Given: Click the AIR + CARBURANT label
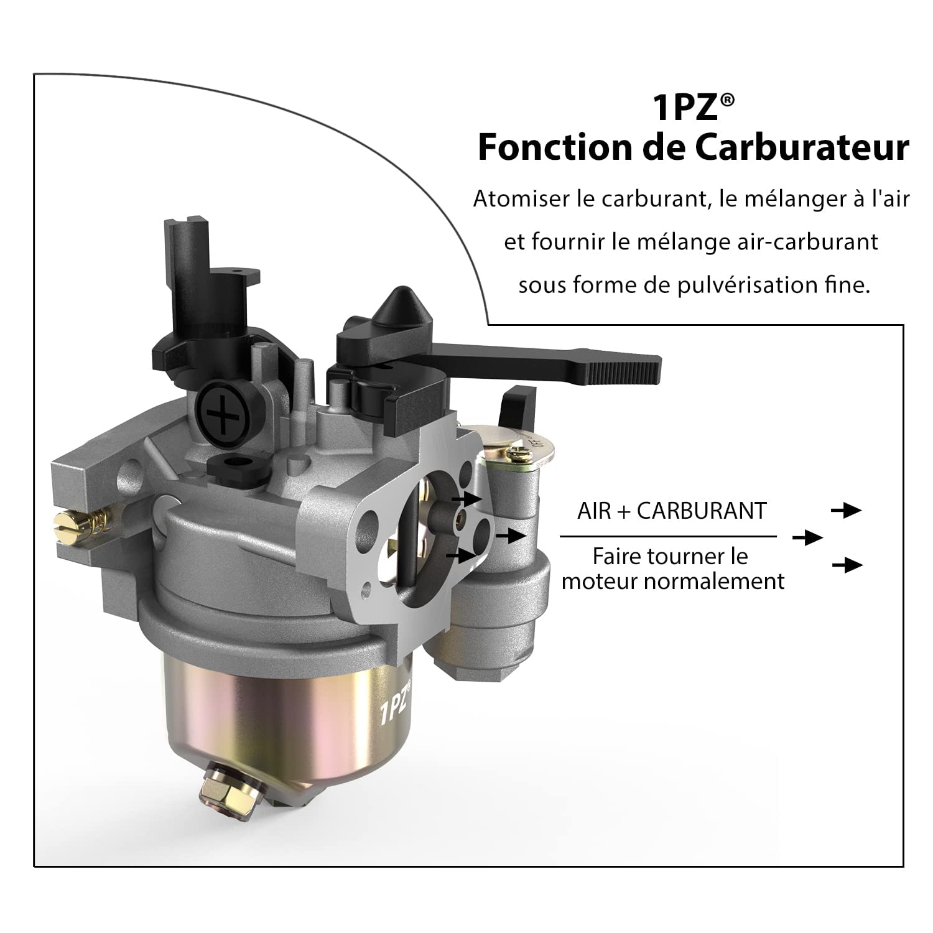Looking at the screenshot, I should click(x=672, y=511).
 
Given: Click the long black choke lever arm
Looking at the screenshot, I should click(x=597, y=364).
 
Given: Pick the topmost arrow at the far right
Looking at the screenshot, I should click(x=847, y=511).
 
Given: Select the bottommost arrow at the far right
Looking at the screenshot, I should click(x=847, y=565).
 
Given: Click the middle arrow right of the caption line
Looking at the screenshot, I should click(x=807, y=537).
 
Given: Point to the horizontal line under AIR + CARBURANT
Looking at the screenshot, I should click(x=668, y=536).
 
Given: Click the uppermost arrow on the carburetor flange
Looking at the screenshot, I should click(x=466, y=498).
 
